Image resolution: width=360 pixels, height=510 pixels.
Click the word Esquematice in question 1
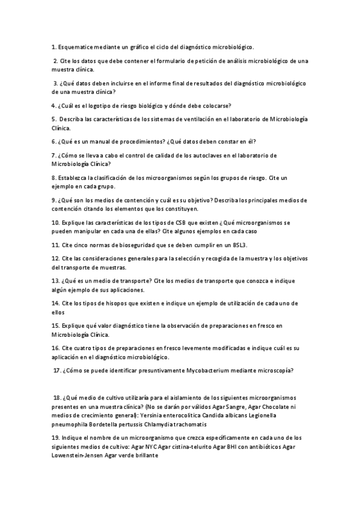pyautogui.click(x=77, y=46)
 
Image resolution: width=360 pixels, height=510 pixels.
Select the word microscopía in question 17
pyautogui.click(x=276, y=370)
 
